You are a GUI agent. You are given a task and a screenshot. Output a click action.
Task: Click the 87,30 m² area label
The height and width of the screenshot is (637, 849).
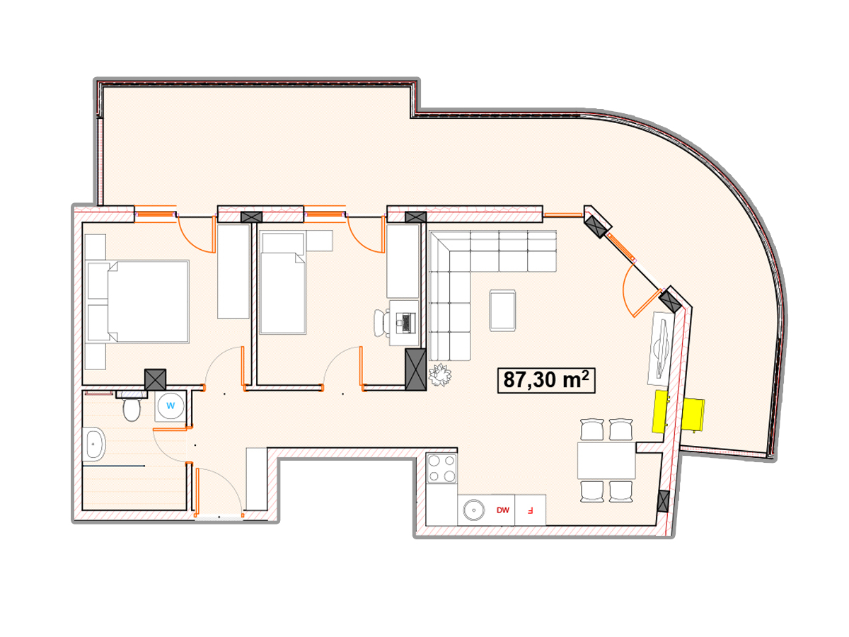(x=545, y=381)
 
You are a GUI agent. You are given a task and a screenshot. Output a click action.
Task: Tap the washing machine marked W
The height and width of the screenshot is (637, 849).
(x=171, y=406)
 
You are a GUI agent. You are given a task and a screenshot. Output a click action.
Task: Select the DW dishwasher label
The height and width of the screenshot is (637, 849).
(x=502, y=510)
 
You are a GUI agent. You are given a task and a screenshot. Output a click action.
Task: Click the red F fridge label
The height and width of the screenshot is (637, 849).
(x=530, y=510)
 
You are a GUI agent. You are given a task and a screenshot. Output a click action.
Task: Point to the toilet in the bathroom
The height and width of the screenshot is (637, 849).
(x=131, y=408)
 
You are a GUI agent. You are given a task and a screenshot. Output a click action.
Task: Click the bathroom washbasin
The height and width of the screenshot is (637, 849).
(x=93, y=444)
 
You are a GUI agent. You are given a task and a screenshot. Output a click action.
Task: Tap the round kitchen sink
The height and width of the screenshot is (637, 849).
(x=473, y=510)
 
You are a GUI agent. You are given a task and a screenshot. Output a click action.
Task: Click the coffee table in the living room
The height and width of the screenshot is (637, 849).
(x=502, y=311)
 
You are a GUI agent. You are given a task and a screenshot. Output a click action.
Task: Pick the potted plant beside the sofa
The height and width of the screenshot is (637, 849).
(x=440, y=374)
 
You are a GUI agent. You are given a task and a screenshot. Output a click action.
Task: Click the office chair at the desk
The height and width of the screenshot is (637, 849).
(x=382, y=323)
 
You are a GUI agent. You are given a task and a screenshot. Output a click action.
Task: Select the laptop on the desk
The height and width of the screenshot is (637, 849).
(x=405, y=323)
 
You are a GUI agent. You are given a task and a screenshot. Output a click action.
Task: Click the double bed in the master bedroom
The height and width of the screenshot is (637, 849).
(x=138, y=302)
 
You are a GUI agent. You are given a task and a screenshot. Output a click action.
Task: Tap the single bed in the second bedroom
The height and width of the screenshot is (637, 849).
(x=283, y=282)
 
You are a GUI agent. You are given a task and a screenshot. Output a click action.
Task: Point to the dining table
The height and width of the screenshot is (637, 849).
(x=606, y=460)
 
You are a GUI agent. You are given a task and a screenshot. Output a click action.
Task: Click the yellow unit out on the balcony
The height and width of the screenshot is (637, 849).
(x=693, y=414)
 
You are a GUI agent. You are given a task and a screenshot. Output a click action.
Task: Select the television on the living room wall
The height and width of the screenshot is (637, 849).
(x=661, y=348)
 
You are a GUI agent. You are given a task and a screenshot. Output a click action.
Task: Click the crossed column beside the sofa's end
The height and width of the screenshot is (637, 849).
(x=415, y=369)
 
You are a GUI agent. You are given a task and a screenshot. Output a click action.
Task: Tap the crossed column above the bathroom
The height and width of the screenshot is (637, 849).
(x=155, y=379)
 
